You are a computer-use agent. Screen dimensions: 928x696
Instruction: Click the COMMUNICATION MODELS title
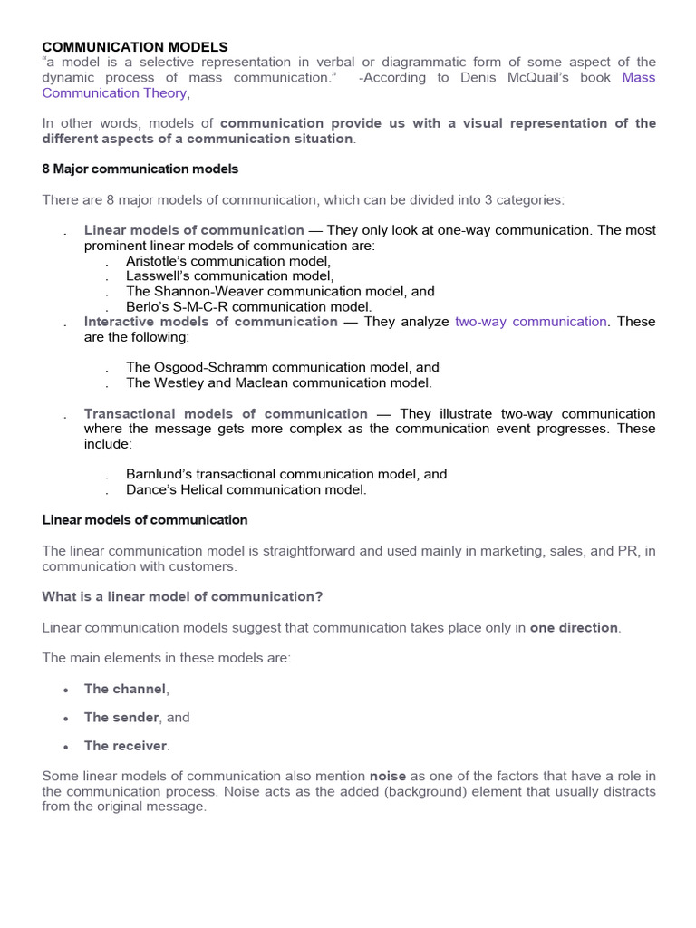click(135, 46)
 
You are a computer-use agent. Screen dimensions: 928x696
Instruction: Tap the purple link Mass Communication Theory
click(114, 92)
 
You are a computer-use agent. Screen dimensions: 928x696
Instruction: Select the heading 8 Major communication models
click(140, 169)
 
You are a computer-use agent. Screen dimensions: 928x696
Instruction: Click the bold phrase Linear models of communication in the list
click(194, 230)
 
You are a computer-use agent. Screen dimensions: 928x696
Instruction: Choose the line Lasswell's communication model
click(230, 276)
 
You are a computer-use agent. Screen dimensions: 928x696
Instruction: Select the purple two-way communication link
click(530, 322)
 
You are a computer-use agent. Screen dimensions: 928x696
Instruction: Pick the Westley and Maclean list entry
click(278, 382)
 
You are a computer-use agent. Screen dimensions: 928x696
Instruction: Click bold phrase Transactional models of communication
click(226, 413)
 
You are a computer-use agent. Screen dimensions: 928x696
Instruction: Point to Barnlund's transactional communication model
click(286, 474)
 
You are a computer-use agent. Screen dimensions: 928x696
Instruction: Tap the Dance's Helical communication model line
click(246, 489)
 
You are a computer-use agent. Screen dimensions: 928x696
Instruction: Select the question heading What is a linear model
click(182, 596)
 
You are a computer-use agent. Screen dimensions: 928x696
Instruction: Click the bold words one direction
click(574, 628)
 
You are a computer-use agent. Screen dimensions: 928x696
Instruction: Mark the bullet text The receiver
click(125, 746)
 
